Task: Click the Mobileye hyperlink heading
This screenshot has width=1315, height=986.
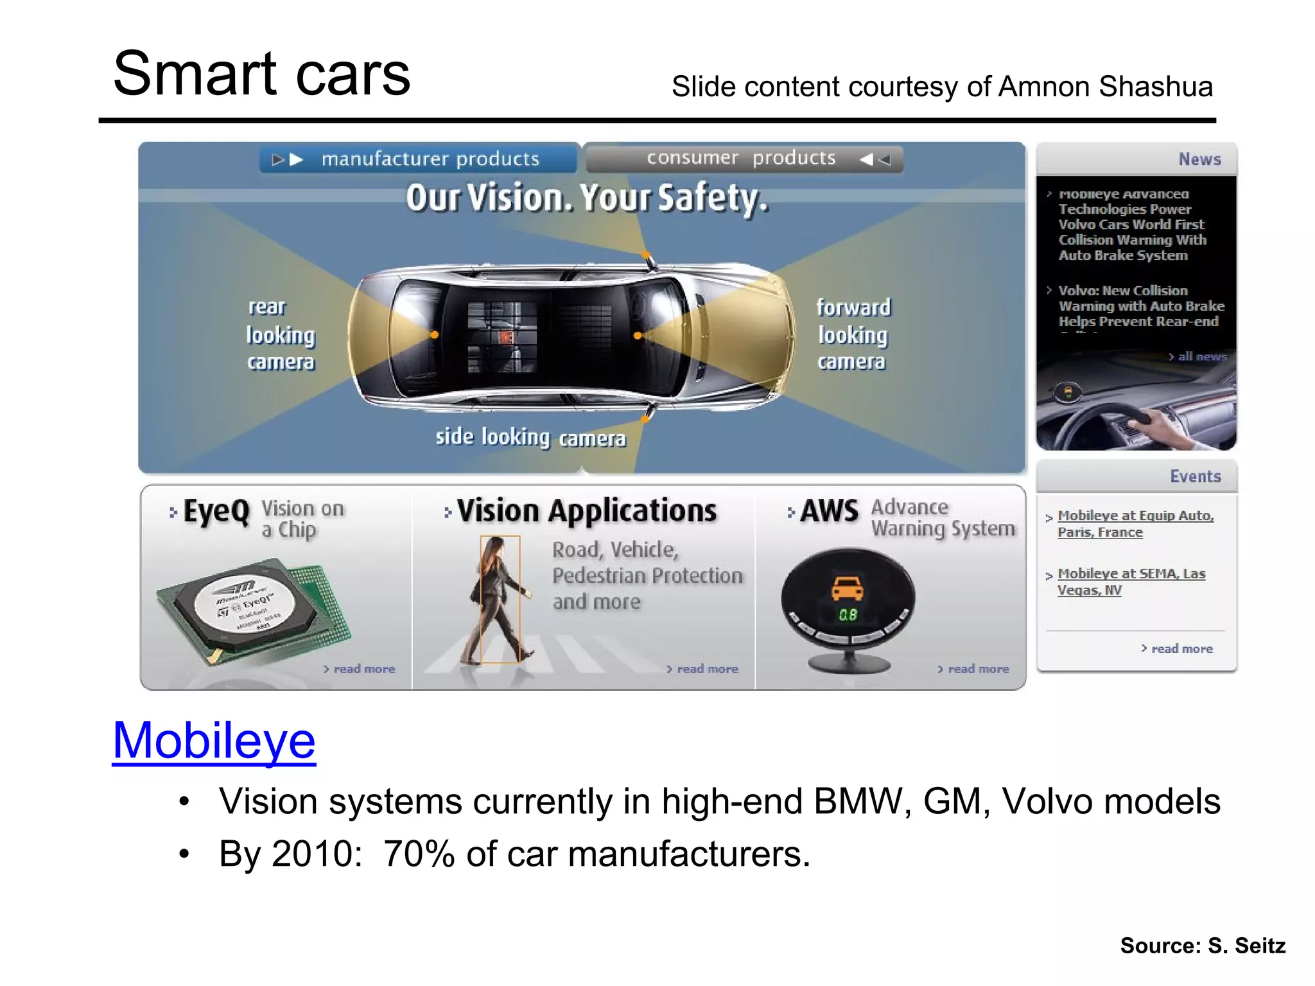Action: tap(214, 740)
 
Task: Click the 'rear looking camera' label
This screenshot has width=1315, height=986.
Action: tap(281, 334)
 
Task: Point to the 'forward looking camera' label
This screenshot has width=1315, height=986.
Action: tap(853, 334)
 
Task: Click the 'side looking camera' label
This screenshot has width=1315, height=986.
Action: tap(530, 438)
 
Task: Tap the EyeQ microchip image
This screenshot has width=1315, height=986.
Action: tap(253, 609)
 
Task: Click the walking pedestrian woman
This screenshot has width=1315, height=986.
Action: tap(500, 600)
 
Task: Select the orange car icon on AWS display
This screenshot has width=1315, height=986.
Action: tap(848, 588)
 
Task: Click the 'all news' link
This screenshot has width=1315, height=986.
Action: tap(1201, 357)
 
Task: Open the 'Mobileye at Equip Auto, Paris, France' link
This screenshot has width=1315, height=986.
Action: tap(1135, 524)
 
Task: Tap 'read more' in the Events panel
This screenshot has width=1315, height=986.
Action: tap(1181, 649)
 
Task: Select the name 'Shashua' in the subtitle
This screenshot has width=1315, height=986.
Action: tap(1155, 87)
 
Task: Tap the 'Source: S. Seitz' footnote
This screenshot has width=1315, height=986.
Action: tap(1203, 946)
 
